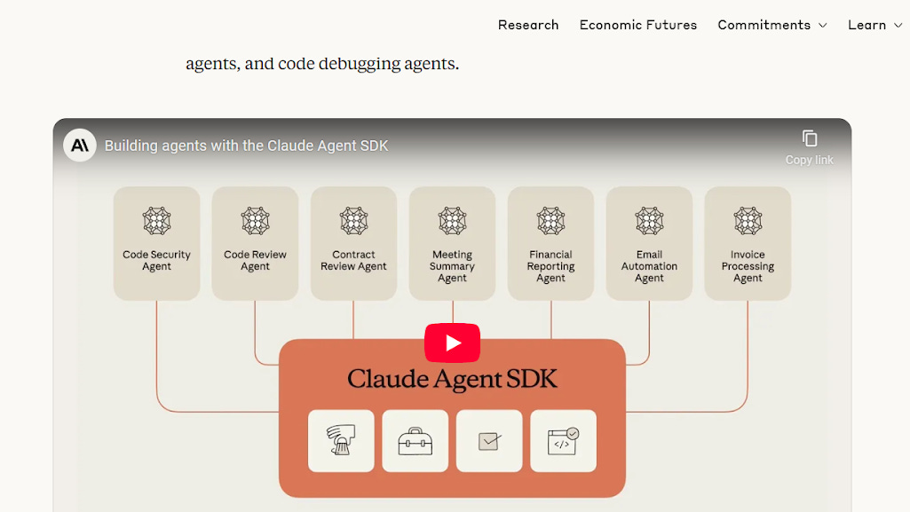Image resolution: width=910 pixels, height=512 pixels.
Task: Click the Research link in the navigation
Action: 528,25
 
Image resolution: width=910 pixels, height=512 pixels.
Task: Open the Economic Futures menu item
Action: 638,25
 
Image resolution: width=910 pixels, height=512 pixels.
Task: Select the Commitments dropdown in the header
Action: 772,25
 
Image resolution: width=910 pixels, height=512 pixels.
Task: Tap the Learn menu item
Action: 874,25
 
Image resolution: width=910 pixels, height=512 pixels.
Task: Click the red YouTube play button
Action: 452,343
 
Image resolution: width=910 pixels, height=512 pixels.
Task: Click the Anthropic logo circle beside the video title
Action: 80,145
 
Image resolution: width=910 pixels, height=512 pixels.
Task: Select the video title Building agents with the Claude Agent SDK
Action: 247,146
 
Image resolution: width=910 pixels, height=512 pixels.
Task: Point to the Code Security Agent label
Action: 157,260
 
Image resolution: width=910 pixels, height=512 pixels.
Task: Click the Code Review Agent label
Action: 256,260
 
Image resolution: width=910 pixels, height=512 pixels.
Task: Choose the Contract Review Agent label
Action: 354,260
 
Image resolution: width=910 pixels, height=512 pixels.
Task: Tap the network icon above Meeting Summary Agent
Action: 453,221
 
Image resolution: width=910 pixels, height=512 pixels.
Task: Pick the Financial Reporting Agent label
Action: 551,266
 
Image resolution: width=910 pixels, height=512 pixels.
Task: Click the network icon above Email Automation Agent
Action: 650,221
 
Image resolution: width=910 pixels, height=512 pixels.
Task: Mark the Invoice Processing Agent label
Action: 748,266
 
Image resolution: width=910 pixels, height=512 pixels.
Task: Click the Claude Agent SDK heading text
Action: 452,380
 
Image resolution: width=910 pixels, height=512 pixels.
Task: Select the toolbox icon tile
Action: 415,441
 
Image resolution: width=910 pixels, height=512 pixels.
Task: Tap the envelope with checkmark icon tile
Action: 489,441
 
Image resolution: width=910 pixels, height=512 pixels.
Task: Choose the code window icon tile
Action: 564,441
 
